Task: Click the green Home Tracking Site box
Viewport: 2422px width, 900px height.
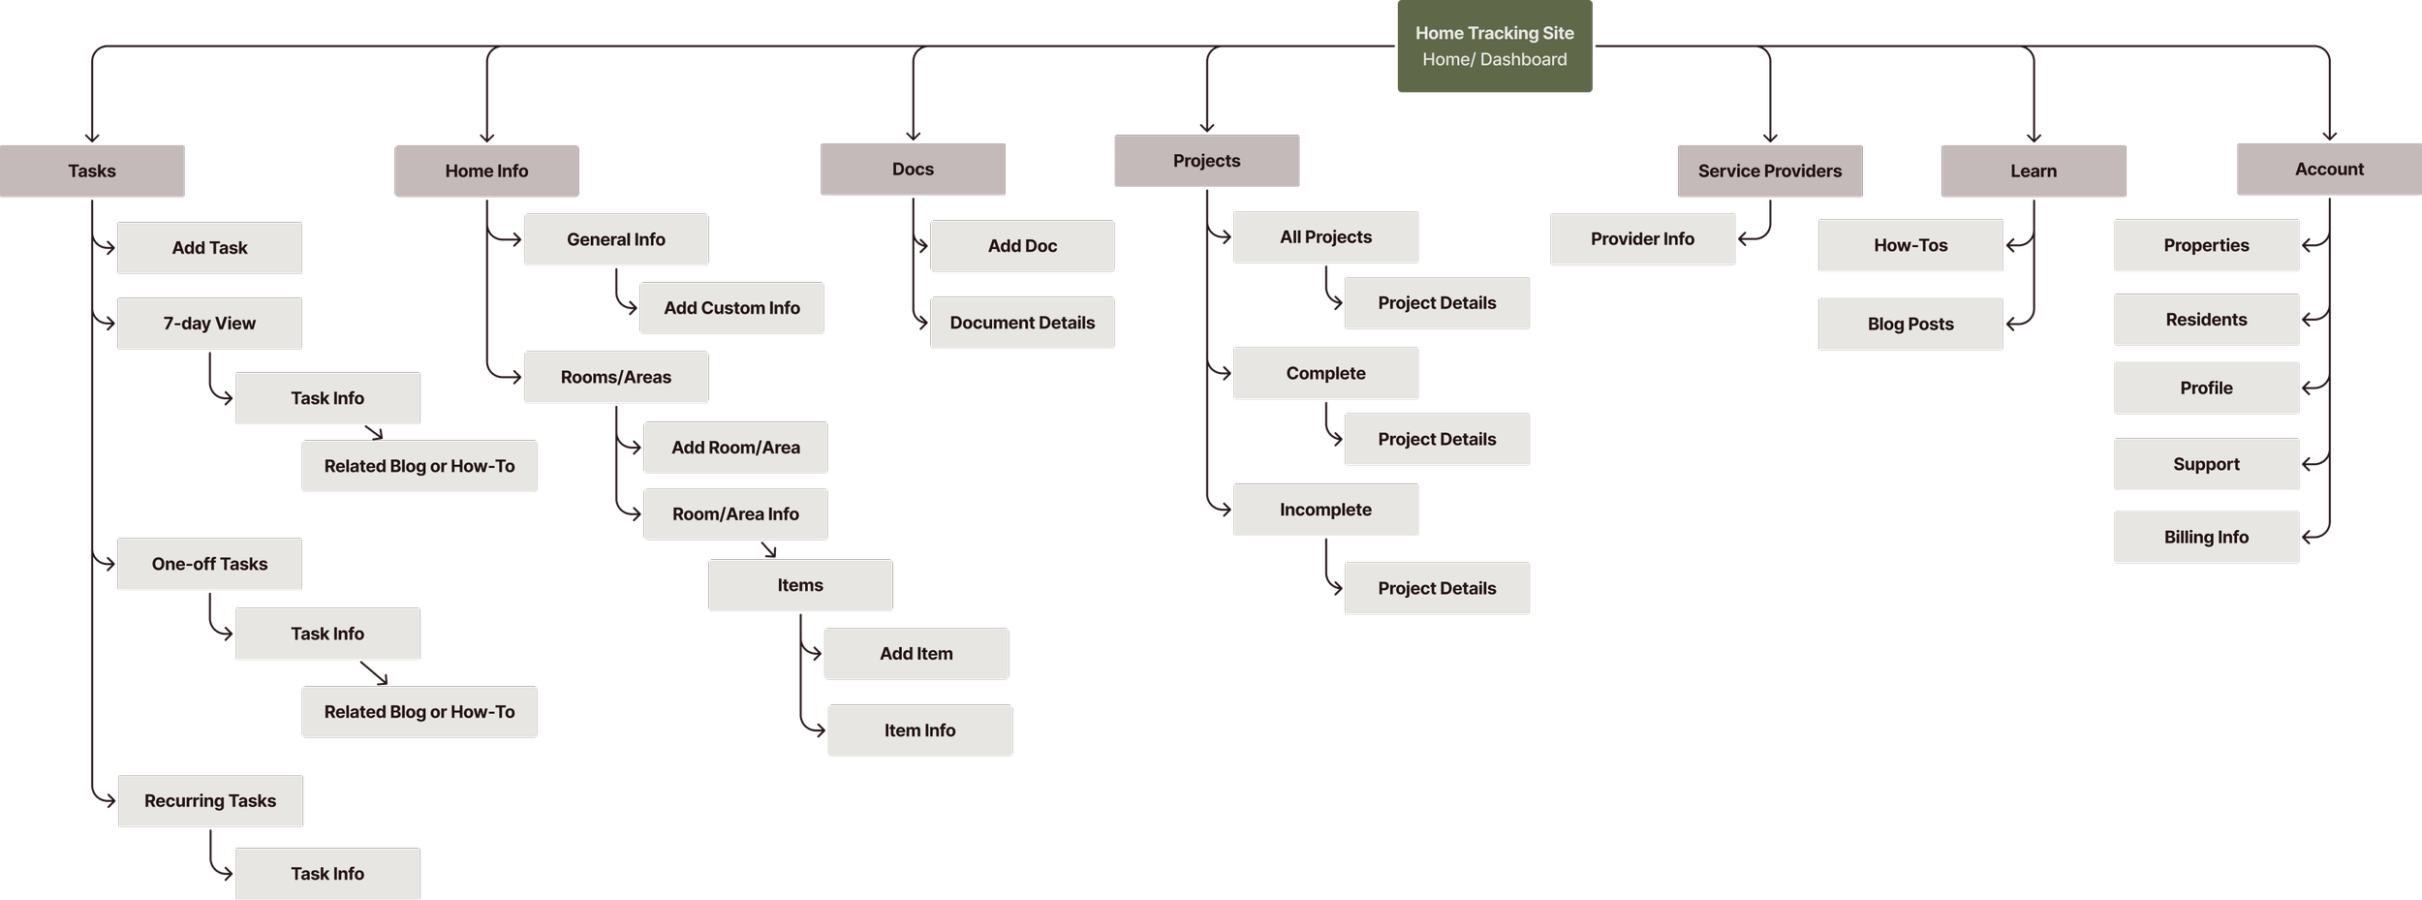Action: click(1494, 46)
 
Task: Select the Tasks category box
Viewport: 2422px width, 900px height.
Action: click(92, 171)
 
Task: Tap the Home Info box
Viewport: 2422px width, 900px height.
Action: click(486, 171)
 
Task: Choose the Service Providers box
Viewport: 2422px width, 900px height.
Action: click(1769, 171)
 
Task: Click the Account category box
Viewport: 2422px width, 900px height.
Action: click(2328, 170)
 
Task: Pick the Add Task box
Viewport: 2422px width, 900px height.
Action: click(209, 248)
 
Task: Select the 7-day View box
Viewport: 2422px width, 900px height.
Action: click(209, 324)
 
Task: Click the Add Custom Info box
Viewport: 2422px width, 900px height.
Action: click(731, 308)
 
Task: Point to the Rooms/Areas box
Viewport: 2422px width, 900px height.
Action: click(615, 377)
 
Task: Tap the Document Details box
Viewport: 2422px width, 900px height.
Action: click(1022, 323)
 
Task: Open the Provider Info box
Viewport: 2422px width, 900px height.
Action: click(1642, 239)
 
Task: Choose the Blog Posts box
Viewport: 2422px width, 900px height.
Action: click(1910, 325)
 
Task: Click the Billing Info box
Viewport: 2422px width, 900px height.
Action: click(2206, 538)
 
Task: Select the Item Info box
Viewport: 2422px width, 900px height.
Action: click(919, 730)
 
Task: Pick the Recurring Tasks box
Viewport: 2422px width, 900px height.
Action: click(209, 801)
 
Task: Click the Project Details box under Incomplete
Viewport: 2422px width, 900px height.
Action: click(1437, 589)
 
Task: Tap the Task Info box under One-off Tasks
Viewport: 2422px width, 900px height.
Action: click(327, 635)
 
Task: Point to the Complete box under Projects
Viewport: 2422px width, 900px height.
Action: click(1325, 374)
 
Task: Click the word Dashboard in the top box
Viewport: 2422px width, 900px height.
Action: click(1523, 60)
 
